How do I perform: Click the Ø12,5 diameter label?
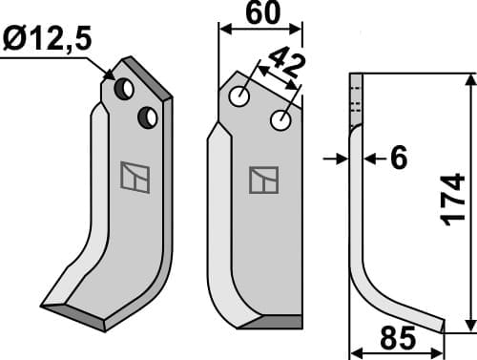(49, 40)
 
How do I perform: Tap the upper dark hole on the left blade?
(125, 89)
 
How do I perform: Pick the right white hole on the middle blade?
(280, 121)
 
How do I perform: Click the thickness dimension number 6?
(398, 159)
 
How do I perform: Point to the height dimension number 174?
(455, 200)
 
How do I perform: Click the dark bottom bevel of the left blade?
(76, 315)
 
